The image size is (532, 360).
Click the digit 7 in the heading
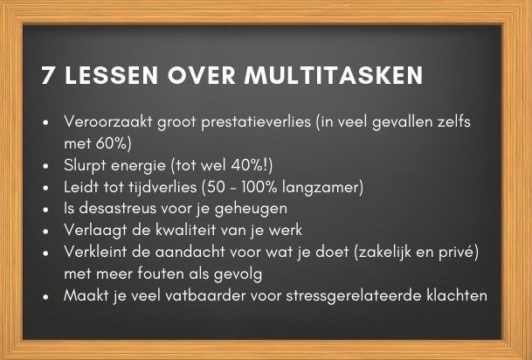pyautogui.click(x=47, y=75)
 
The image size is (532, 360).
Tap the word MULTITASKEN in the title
pyautogui.click(x=334, y=75)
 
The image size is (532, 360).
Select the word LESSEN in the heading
pyautogui.click(x=111, y=75)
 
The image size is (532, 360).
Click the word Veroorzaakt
pyautogui.click(x=108, y=121)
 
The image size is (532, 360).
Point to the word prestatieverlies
pyautogui.click(x=256, y=122)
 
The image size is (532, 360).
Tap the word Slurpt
pyautogui.click(x=85, y=166)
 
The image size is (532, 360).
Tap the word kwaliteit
pyautogui.click(x=185, y=230)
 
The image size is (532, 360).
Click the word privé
pyautogui.click(x=463, y=253)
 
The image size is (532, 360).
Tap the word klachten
pyautogui.click(x=457, y=295)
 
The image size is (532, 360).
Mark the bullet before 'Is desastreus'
pyautogui.click(x=46, y=210)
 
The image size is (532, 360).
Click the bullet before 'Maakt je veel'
pyautogui.click(x=46, y=296)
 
